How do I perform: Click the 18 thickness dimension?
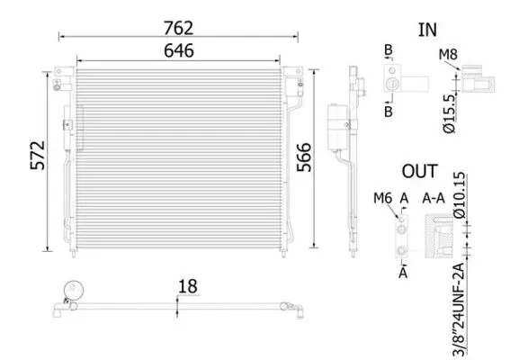click(x=187, y=287)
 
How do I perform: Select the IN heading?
click(x=427, y=29)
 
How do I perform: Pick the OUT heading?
click(x=419, y=171)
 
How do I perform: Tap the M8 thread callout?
click(x=448, y=55)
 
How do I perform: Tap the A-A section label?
click(x=434, y=198)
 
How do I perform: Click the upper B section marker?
click(x=389, y=49)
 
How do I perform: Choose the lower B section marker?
click(x=389, y=112)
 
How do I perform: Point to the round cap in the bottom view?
click(x=71, y=292)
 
